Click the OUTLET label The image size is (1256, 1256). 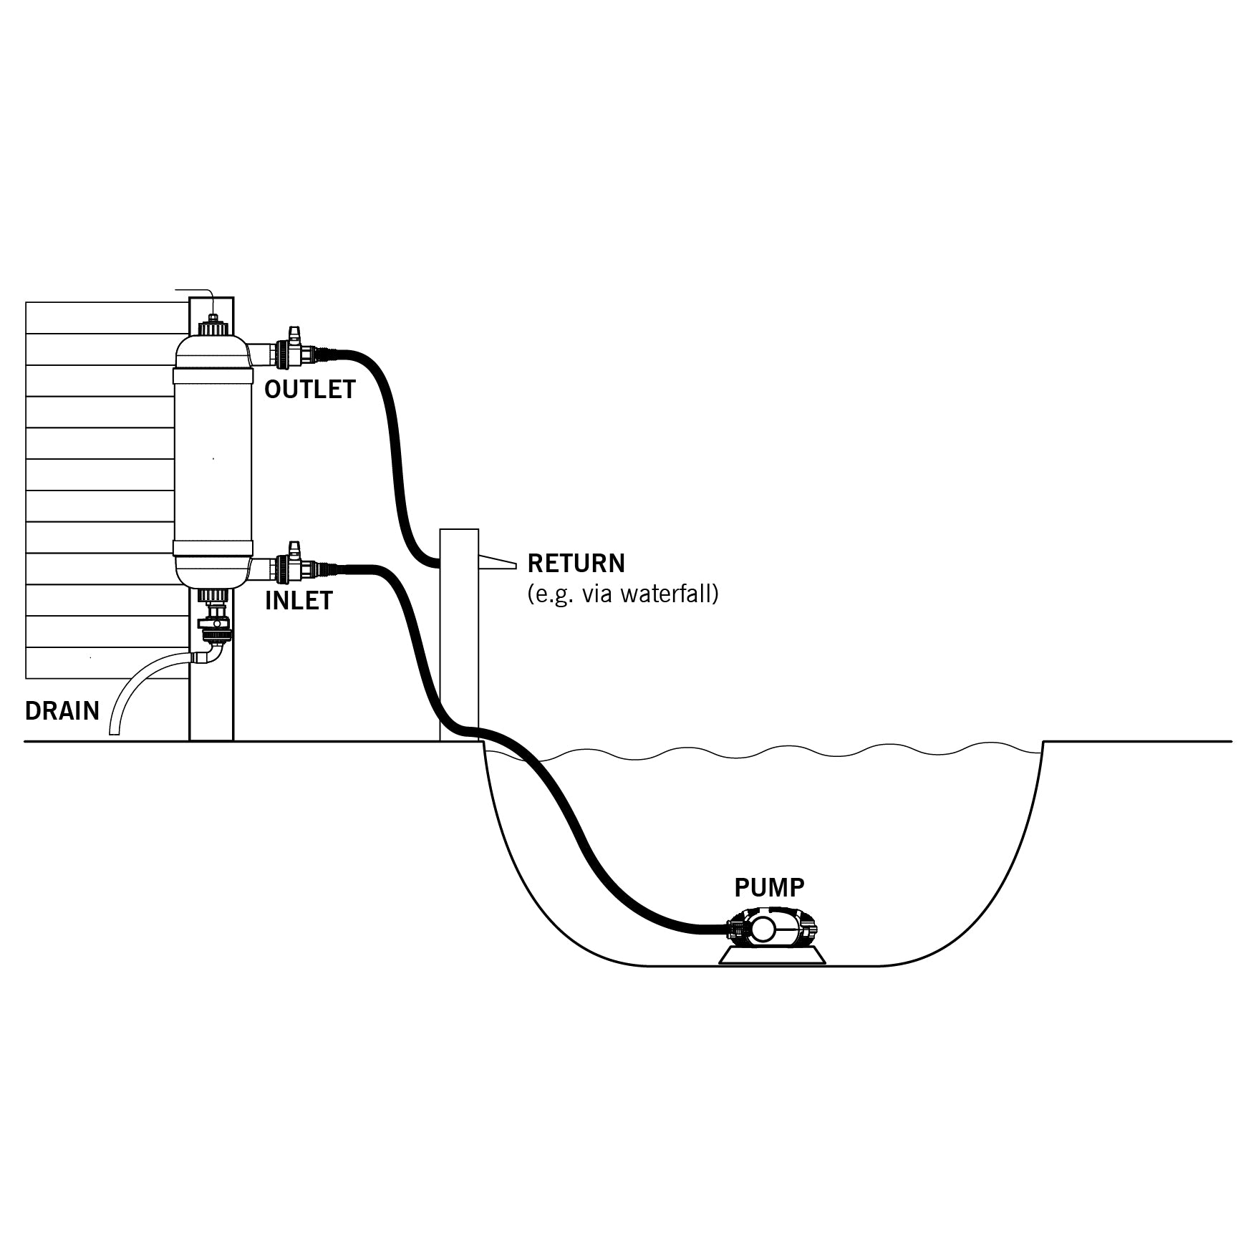(x=309, y=390)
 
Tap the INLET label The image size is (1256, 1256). (x=299, y=601)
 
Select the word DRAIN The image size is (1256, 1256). (x=62, y=711)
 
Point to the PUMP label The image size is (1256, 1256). (x=769, y=888)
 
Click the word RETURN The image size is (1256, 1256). (x=576, y=564)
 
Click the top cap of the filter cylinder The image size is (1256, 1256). (x=213, y=328)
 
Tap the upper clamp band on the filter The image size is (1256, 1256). (x=213, y=376)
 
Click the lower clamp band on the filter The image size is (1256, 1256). (x=213, y=549)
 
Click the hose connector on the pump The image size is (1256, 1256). (x=733, y=929)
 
